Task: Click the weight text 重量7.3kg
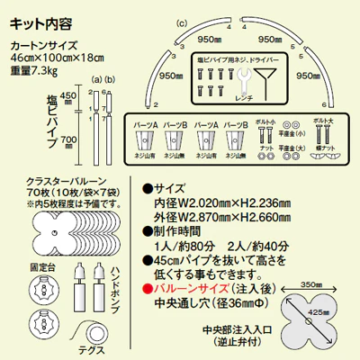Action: point(33,67)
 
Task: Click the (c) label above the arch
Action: point(181,21)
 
